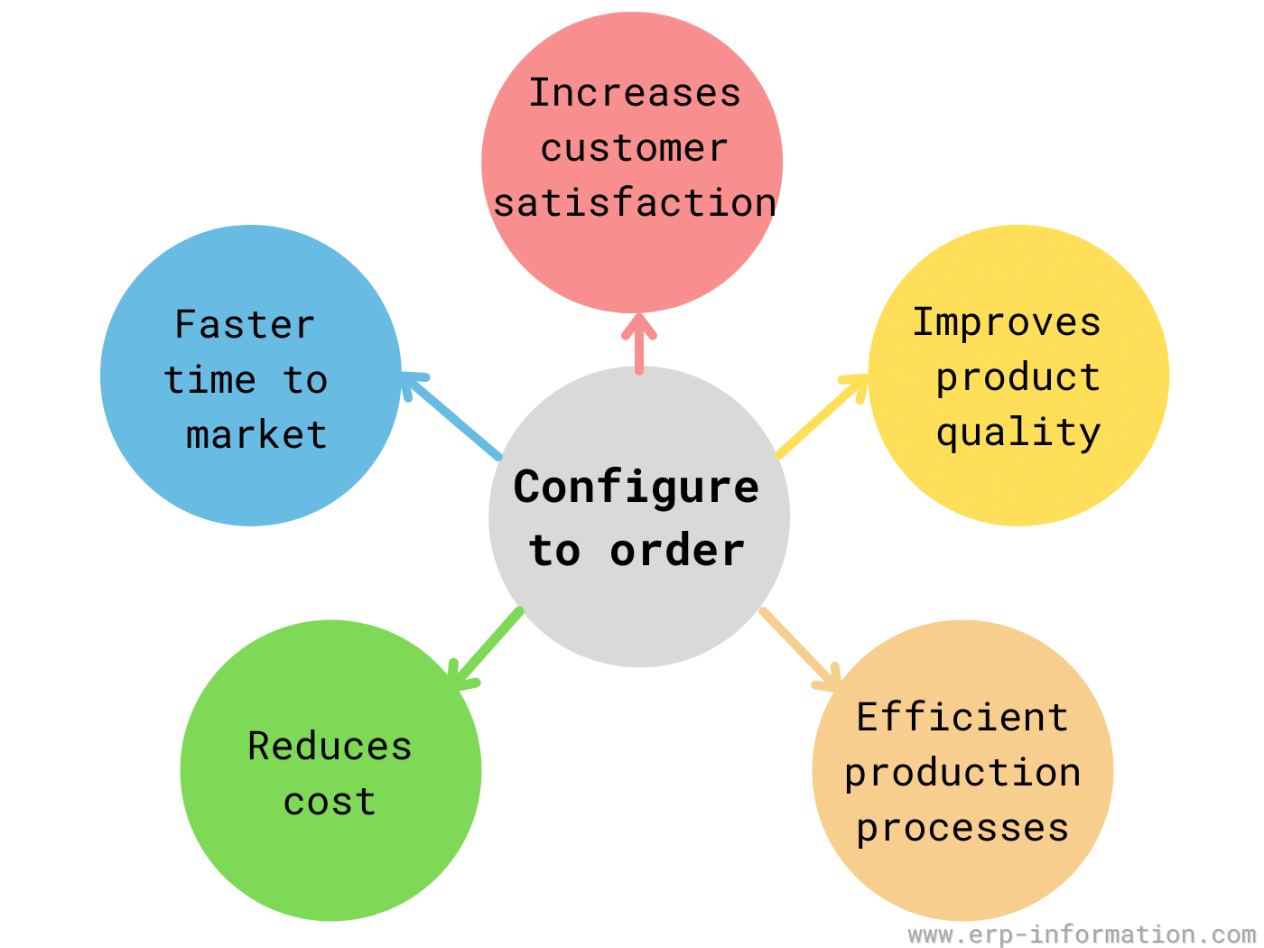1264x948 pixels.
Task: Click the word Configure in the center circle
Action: [636, 488]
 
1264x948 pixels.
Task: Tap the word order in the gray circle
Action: [677, 550]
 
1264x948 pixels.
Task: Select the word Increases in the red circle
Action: [635, 93]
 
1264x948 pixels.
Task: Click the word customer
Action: [635, 148]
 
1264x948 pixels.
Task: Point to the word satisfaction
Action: [635, 202]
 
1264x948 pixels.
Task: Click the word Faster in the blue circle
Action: [245, 324]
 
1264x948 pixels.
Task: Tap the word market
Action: [256, 434]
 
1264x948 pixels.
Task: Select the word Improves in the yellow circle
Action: [1007, 323]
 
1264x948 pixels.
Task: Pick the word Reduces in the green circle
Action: [330, 747]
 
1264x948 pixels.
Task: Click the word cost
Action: [330, 802]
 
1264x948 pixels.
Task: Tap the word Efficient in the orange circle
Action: [962, 717]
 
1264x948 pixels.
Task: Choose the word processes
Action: [962, 830]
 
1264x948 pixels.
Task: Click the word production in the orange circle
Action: [962, 774]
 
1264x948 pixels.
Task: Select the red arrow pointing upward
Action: [638, 344]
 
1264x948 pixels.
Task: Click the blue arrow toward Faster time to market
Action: [450, 415]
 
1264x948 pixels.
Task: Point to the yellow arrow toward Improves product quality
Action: [822, 415]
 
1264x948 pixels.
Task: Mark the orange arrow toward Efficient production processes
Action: [800, 649]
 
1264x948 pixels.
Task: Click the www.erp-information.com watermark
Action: [1082, 934]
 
